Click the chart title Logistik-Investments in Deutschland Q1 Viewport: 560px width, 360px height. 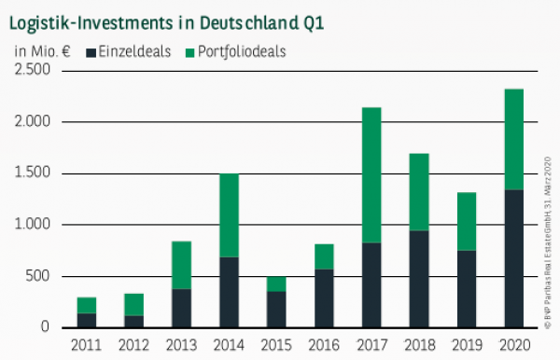(x=167, y=20)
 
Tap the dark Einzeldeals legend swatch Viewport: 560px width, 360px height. (x=91, y=52)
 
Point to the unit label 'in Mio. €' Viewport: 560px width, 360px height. (x=42, y=52)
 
